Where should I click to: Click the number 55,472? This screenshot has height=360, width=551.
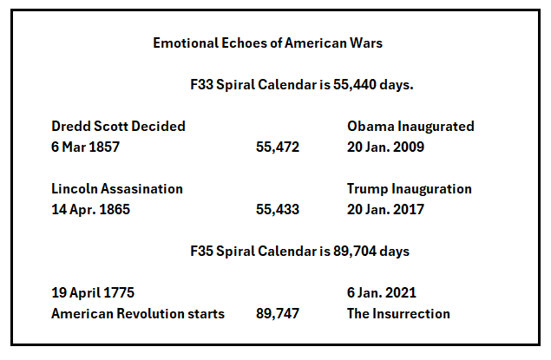point(278,147)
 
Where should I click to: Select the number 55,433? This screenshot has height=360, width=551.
point(278,210)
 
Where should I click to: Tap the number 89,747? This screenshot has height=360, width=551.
point(278,314)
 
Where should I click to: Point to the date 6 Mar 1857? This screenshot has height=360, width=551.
point(85,147)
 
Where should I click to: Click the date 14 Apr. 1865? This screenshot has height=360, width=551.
point(90,210)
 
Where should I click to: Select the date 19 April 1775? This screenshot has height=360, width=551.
point(93,293)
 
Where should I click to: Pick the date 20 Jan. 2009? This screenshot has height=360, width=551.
point(385,147)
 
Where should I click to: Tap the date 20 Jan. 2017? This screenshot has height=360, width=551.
point(385,210)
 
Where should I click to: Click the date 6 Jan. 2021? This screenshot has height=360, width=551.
point(382,293)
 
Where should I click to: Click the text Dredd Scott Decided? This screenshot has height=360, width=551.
point(118,127)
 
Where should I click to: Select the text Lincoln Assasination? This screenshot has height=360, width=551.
point(117,189)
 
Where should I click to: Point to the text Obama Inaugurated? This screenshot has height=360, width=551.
point(410,127)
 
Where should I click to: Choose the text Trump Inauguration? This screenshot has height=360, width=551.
point(410,189)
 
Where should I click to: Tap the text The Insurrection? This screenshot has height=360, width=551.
point(398,314)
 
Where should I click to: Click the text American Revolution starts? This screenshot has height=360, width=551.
point(138,314)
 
